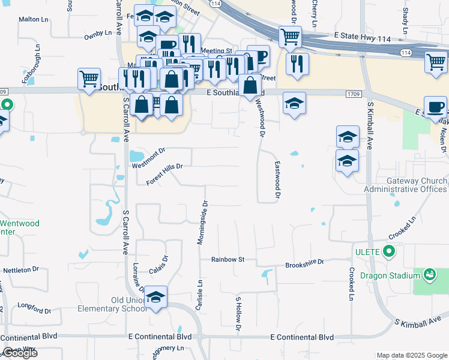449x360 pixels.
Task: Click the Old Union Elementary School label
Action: (x=112, y=304)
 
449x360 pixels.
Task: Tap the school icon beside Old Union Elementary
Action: (x=155, y=298)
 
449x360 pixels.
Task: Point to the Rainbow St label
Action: (x=228, y=259)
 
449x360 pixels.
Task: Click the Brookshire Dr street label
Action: (x=304, y=263)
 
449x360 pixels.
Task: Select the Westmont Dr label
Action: (x=148, y=159)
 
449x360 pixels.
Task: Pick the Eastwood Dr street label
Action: (x=277, y=181)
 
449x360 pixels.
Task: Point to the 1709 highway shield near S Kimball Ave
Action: (x=353, y=94)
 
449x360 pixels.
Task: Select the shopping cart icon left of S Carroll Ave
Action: (x=89, y=79)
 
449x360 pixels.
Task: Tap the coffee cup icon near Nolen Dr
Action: (x=435, y=108)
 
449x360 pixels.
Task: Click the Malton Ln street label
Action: (x=33, y=19)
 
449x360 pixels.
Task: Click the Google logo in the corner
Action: (x=20, y=353)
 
